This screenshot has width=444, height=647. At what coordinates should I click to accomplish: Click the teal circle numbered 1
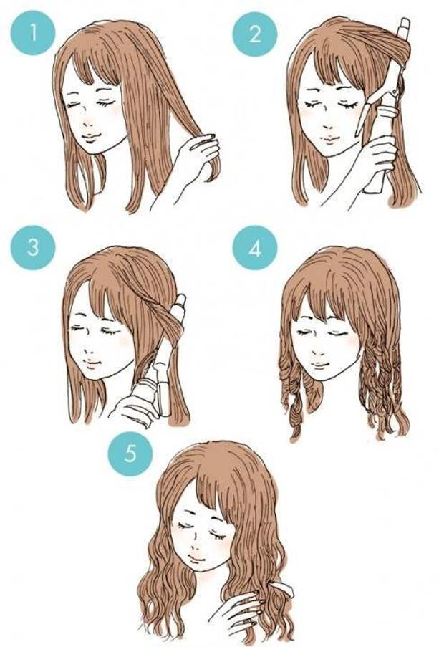point(32,33)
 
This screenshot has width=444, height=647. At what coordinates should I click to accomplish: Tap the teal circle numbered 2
point(255,34)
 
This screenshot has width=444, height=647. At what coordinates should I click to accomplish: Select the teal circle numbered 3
point(32,248)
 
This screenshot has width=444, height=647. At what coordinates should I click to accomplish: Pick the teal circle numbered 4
point(255,248)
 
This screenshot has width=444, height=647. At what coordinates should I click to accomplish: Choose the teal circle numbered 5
point(130,454)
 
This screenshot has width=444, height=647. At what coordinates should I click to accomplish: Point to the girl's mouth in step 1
point(92,136)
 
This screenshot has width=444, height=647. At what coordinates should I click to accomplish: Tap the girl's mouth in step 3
point(92,363)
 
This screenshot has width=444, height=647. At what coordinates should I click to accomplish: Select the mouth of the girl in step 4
point(320,365)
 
